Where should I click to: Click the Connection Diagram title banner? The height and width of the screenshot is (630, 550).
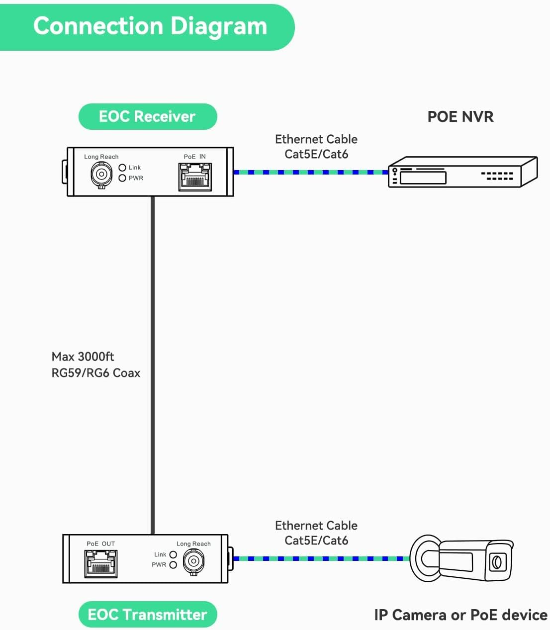point(149,26)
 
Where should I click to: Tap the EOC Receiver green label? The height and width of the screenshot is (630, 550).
point(147,117)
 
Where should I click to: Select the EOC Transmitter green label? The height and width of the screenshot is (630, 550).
point(147,615)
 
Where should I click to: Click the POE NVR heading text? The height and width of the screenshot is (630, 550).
point(460,117)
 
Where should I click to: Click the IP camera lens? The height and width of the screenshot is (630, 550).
point(496,562)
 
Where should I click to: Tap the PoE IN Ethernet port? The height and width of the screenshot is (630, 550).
point(195,177)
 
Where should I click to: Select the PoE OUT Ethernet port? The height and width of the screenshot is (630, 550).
point(101,564)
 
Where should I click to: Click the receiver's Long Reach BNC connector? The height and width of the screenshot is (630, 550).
point(101,174)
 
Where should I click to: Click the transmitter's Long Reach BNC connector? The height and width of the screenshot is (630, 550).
point(193,562)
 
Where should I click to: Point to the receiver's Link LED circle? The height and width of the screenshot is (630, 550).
point(122,168)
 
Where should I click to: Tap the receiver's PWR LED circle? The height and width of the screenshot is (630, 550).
point(122,178)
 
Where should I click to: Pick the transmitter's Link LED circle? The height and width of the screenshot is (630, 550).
point(173,554)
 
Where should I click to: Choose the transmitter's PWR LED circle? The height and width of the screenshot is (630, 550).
point(173,565)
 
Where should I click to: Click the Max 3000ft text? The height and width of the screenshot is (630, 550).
point(83,357)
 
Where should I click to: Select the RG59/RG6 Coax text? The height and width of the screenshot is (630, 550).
point(96,373)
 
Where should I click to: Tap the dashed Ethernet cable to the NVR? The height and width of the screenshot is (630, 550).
point(311,172)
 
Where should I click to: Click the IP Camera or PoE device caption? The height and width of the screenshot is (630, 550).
point(460,615)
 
